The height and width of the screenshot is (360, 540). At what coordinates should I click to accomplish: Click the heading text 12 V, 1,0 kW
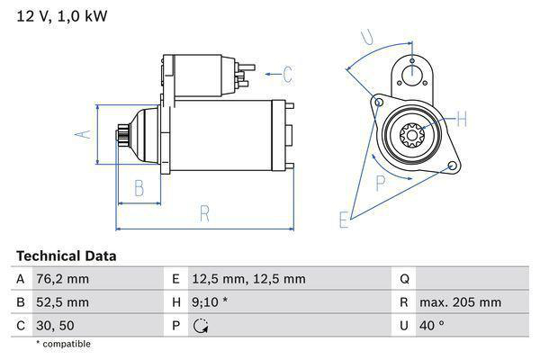(x=57, y=16)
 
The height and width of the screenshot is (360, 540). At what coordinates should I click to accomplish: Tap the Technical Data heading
(x=66, y=256)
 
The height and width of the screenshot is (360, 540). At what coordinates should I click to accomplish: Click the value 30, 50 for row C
(x=57, y=326)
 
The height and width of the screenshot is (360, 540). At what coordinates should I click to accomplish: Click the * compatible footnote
(x=63, y=344)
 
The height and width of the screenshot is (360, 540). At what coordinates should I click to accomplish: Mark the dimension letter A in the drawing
(x=80, y=134)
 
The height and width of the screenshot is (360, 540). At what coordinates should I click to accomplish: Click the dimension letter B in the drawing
(x=139, y=188)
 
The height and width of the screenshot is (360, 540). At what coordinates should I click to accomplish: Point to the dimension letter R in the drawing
(x=204, y=213)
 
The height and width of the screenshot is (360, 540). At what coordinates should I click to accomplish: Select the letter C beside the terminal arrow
(x=287, y=74)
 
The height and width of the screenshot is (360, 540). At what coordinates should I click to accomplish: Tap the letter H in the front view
(x=461, y=118)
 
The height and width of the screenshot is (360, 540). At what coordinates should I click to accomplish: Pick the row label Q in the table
(x=404, y=279)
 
